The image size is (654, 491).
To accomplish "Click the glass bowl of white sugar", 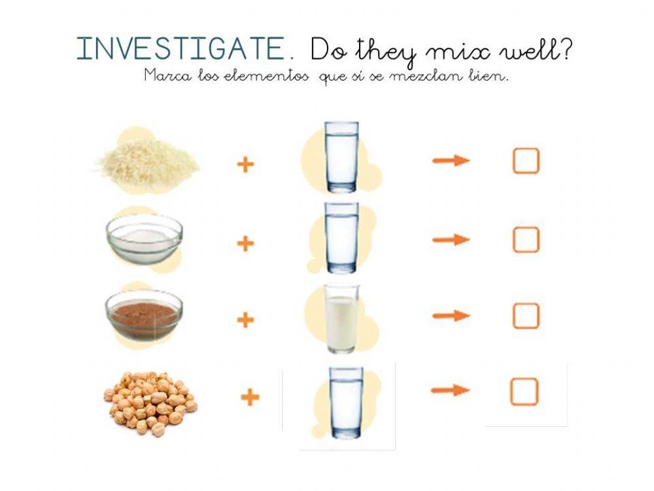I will coord(144,238).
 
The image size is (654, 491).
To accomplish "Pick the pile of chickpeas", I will coord(150,403).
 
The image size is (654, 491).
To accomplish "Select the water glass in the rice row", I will coord(342,156).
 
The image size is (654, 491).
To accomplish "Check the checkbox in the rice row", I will coord(526,161).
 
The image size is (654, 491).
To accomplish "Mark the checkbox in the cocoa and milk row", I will coord(526,316).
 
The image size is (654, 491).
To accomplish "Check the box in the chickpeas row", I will coord(524,391).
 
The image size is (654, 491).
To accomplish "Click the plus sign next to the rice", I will coord(245,164).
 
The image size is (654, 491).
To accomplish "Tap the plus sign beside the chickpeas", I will coord(250,397).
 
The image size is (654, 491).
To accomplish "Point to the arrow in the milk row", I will coord(451,316).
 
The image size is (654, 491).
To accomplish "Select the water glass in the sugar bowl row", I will coord(342,237).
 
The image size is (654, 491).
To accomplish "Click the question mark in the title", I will coord(565,50).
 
